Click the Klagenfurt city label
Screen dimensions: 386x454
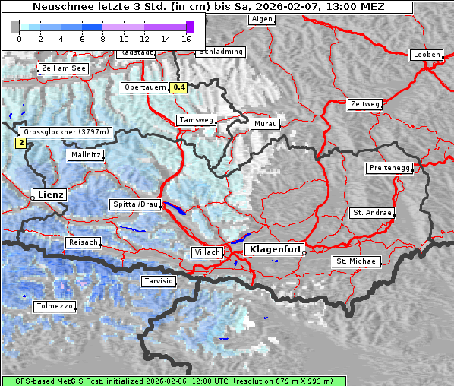click(x=276, y=248)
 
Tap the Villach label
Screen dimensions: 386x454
click(x=207, y=252)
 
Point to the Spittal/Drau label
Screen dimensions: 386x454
click(x=136, y=204)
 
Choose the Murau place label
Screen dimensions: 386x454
click(x=266, y=123)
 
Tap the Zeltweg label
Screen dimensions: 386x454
click(x=364, y=103)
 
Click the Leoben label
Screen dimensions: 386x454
click(x=426, y=55)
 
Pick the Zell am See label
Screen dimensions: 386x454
click(x=64, y=68)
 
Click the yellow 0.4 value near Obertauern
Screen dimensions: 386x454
click(x=178, y=87)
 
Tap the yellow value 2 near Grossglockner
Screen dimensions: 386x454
click(x=20, y=142)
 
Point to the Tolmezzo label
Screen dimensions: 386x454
click(x=54, y=306)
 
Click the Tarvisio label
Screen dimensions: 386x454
click(x=159, y=281)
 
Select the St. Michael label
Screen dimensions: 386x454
click(x=357, y=261)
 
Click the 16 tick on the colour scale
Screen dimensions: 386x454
click(x=187, y=38)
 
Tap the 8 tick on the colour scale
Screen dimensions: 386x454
click(x=102, y=38)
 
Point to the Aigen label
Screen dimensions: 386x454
click(x=261, y=19)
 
